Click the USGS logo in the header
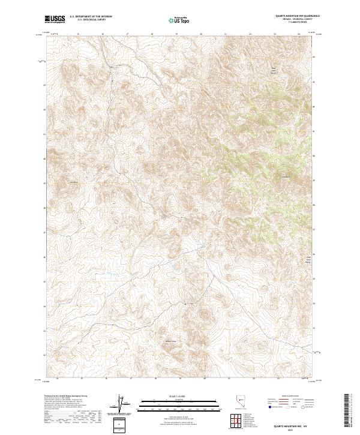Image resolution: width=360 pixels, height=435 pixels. click(x=55, y=19)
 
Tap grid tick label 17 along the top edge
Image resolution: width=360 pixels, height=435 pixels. click(x=128, y=34)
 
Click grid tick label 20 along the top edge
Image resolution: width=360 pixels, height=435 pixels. click(x=202, y=34)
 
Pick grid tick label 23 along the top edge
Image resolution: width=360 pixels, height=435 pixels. click(x=275, y=34)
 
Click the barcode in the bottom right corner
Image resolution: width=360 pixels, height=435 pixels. click(x=350, y=411)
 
